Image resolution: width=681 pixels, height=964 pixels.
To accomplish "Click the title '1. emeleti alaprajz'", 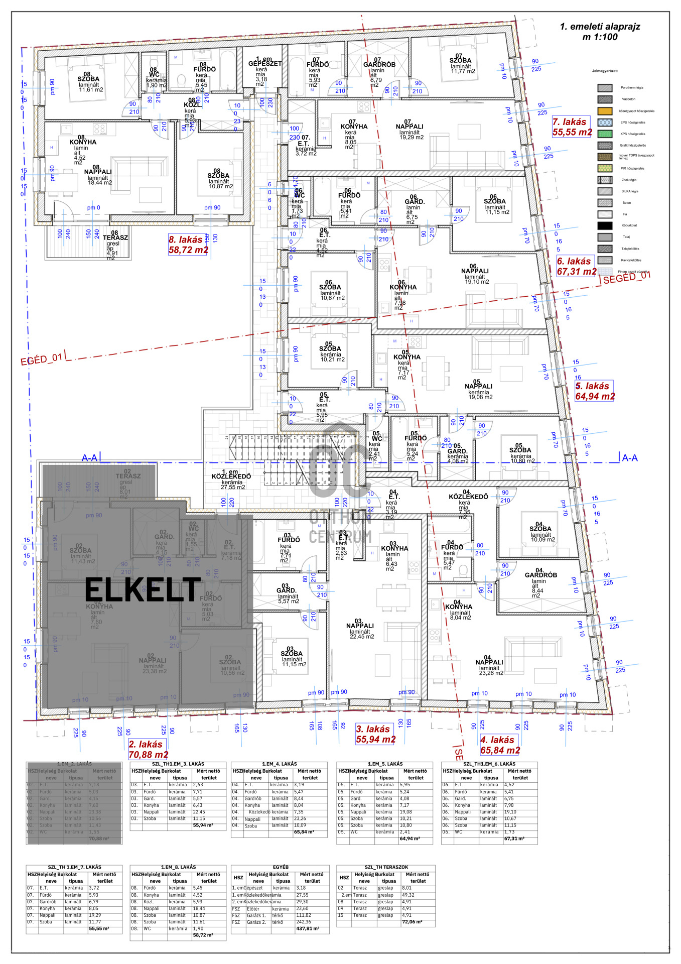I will [x=600, y=27].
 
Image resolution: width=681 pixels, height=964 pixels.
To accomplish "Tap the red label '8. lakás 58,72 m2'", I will [x=188, y=245].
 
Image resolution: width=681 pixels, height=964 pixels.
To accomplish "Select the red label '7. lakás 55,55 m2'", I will [x=572, y=127].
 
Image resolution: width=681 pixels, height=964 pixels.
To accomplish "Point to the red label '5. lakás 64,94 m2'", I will [x=595, y=391].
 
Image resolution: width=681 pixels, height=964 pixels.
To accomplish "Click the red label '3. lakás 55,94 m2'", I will [x=375, y=734].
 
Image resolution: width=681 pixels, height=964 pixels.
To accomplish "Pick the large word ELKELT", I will [x=143, y=589].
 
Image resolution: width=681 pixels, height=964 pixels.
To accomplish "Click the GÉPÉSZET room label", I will [x=264, y=64].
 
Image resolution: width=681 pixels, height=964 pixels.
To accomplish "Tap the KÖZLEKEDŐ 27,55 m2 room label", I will [x=231, y=476].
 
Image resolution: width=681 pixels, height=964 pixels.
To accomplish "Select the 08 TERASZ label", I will [x=115, y=237].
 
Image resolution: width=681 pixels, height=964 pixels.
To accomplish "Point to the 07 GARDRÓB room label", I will [x=379, y=64].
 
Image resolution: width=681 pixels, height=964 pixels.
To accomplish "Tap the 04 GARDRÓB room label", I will [x=540, y=575].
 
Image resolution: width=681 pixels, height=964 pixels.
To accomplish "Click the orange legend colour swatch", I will [x=605, y=111].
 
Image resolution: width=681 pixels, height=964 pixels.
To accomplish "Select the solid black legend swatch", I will [x=605, y=225].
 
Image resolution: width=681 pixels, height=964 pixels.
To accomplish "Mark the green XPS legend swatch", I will [x=605, y=134].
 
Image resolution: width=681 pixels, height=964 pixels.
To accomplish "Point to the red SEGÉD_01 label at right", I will [x=627, y=277].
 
